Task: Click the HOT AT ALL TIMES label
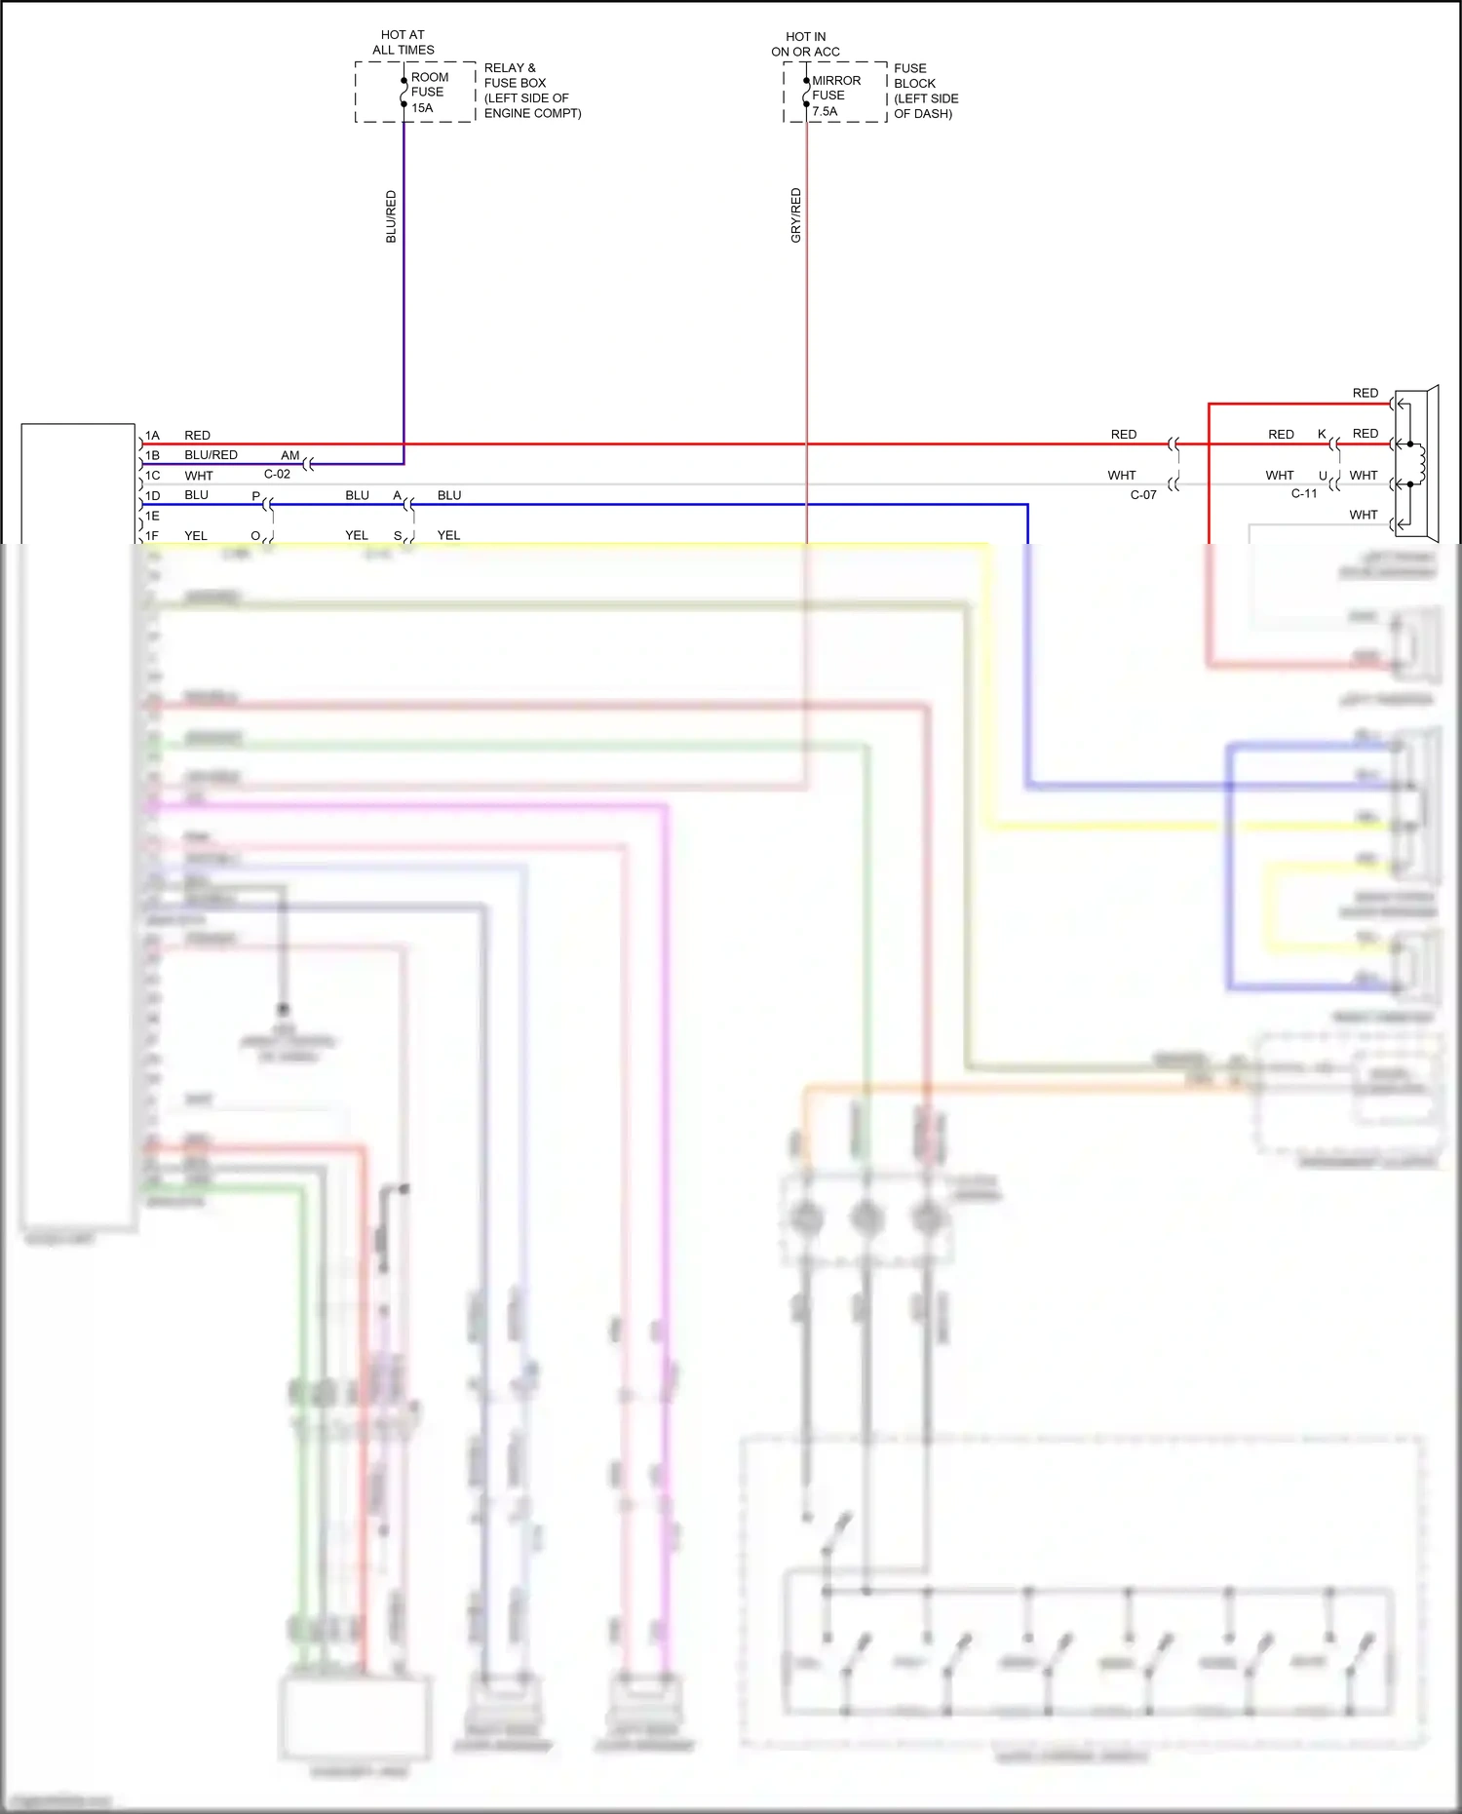[403, 42]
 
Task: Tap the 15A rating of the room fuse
[422, 108]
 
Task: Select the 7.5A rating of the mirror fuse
[825, 111]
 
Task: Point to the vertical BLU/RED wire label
[391, 216]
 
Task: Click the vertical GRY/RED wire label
[795, 215]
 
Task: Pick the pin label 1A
[152, 436]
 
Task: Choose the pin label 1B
[152, 455]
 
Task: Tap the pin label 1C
[152, 476]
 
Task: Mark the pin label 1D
[152, 495]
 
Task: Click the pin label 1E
[152, 516]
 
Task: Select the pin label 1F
[152, 535]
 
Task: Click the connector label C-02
[277, 474]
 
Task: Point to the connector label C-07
[1143, 495]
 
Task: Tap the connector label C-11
[1304, 493]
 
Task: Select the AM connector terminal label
[290, 455]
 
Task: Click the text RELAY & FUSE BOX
[515, 75]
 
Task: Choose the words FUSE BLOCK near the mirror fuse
[914, 76]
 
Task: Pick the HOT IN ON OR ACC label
[805, 44]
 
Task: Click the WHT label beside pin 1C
[199, 476]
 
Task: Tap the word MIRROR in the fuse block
[836, 81]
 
